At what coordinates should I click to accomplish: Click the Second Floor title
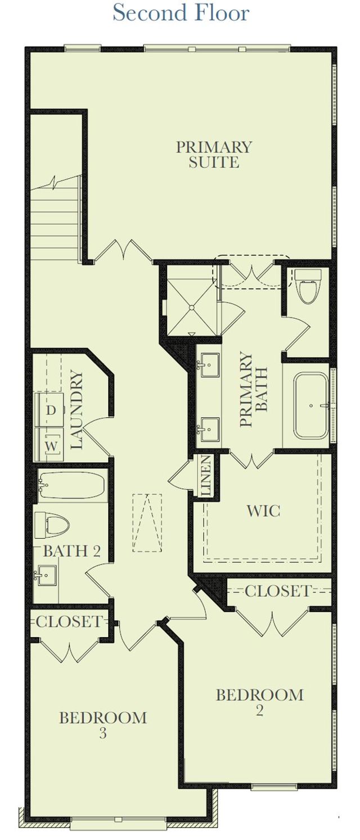pyautogui.click(x=181, y=13)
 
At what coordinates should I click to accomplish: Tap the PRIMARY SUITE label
pyautogui.click(x=214, y=155)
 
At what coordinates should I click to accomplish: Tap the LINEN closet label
pyautogui.click(x=206, y=475)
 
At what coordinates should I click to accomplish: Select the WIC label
pyautogui.click(x=263, y=511)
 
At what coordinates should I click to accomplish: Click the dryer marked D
pyautogui.click(x=51, y=410)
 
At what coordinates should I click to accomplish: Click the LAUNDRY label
pyautogui.click(x=77, y=410)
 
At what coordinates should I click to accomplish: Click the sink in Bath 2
pyautogui.click(x=47, y=575)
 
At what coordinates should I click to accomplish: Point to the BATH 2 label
pyautogui.click(x=71, y=551)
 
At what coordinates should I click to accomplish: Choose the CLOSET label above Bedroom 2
pyautogui.click(x=277, y=591)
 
